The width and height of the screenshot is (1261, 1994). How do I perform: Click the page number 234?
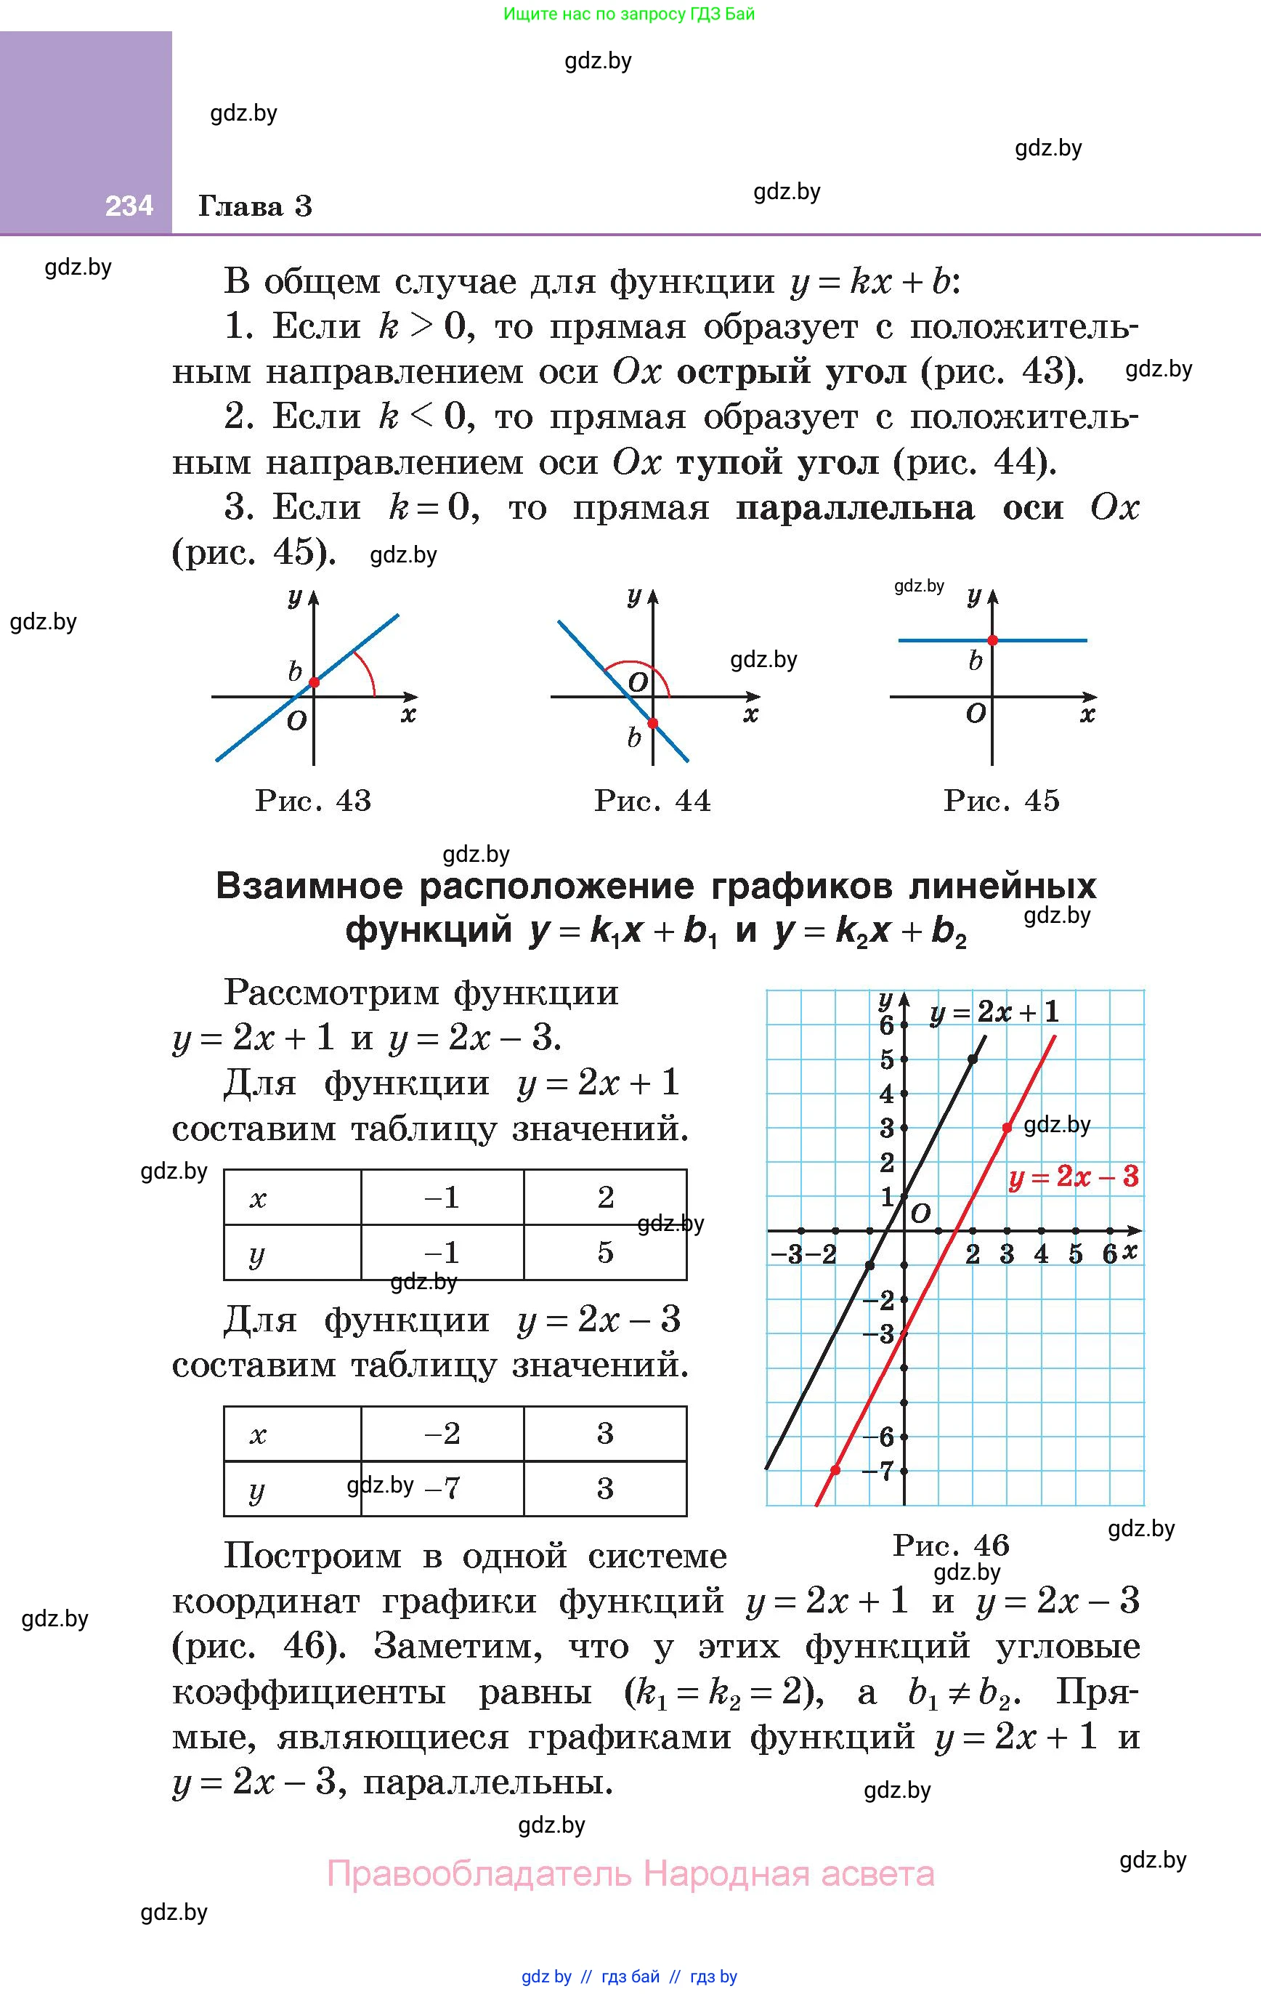click(x=129, y=206)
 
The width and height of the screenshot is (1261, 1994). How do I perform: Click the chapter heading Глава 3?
click(x=255, y=206)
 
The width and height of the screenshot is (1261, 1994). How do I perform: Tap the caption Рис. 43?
click(x=313, y=801)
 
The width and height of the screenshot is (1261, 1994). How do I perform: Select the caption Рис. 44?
click(x=652, y=801)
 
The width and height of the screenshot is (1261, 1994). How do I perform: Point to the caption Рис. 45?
click(x=1001, y=801)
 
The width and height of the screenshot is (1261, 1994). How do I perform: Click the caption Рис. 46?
click(x=952, y=1544)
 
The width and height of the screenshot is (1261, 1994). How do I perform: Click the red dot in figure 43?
click(x=314, y=682)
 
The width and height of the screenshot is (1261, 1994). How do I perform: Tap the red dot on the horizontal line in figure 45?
click(x=993, y=640)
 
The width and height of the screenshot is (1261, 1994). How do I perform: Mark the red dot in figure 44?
click(x=652, y=723)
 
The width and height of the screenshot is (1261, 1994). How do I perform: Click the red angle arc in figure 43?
click(x=368, y=671)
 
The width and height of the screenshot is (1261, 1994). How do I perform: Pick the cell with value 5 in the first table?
click(x=605, y=1252)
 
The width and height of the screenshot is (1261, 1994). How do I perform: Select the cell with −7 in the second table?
click(x=442, y=1488)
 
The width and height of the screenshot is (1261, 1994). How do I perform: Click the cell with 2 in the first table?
click(x=605, y=1197)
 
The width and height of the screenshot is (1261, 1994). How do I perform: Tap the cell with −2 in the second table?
click(x=442, y=1432)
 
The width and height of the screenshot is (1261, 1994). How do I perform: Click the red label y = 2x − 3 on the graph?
click(x=1074, y=1176)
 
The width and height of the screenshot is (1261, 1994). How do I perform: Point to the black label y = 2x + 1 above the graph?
click(x=994, y=1012)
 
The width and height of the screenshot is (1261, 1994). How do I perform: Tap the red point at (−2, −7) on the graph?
click(x=835, y=1470)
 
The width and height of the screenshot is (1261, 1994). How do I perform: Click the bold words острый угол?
click(x=792, y=372)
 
